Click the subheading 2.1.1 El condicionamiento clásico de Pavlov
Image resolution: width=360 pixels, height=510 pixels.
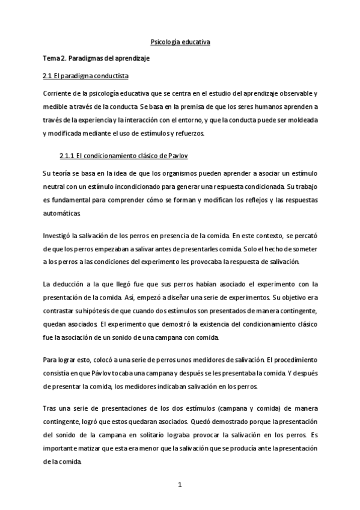124,156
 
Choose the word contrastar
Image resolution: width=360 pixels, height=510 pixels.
59,310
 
